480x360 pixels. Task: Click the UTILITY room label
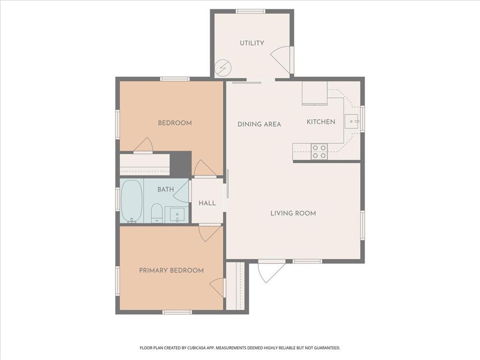(x=252, y=43)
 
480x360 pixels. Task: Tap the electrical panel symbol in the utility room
(x=223, y=67)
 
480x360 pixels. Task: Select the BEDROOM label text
(x=175, y=123)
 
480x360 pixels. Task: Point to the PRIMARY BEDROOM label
(x=172, y=270)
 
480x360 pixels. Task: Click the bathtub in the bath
(x=132, y=201)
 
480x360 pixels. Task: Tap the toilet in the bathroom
(x=157, y=213)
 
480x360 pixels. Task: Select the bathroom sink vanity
(x=177, y=215)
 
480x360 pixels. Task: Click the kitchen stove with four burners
(x=319, y=151)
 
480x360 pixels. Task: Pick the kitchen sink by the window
(x=352, y=121)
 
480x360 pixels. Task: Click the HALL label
(x=207, y=203)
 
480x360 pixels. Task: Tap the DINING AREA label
(x=259, y=124)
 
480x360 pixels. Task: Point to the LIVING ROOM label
(x=293, y=213)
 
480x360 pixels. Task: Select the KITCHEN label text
(x=321, y=122)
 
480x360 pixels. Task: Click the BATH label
(x=165, y=189)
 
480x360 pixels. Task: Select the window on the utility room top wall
(x=250, y=11)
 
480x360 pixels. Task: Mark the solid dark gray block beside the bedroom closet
(x=180, y=165)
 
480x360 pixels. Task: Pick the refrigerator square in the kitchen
(x=315, y=93)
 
